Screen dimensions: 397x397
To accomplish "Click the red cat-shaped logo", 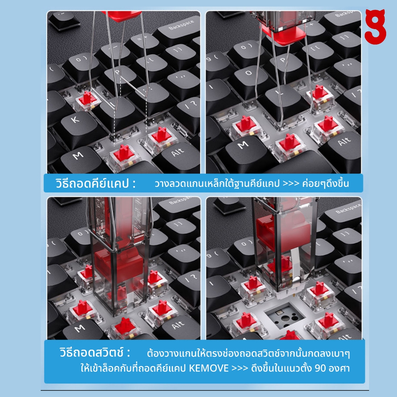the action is [x=375, y=27].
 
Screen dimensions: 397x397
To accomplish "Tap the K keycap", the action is [x=76, y=127].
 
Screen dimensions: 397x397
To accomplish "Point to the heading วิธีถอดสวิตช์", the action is [x=95, y=352].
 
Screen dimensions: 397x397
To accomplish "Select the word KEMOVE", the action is [x=209, y=368].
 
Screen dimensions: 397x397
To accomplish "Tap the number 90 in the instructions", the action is [x=320, y=368].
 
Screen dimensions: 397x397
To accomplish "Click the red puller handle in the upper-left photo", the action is [x=121, y=15].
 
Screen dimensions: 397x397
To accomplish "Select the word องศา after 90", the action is [x=339, y=368].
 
